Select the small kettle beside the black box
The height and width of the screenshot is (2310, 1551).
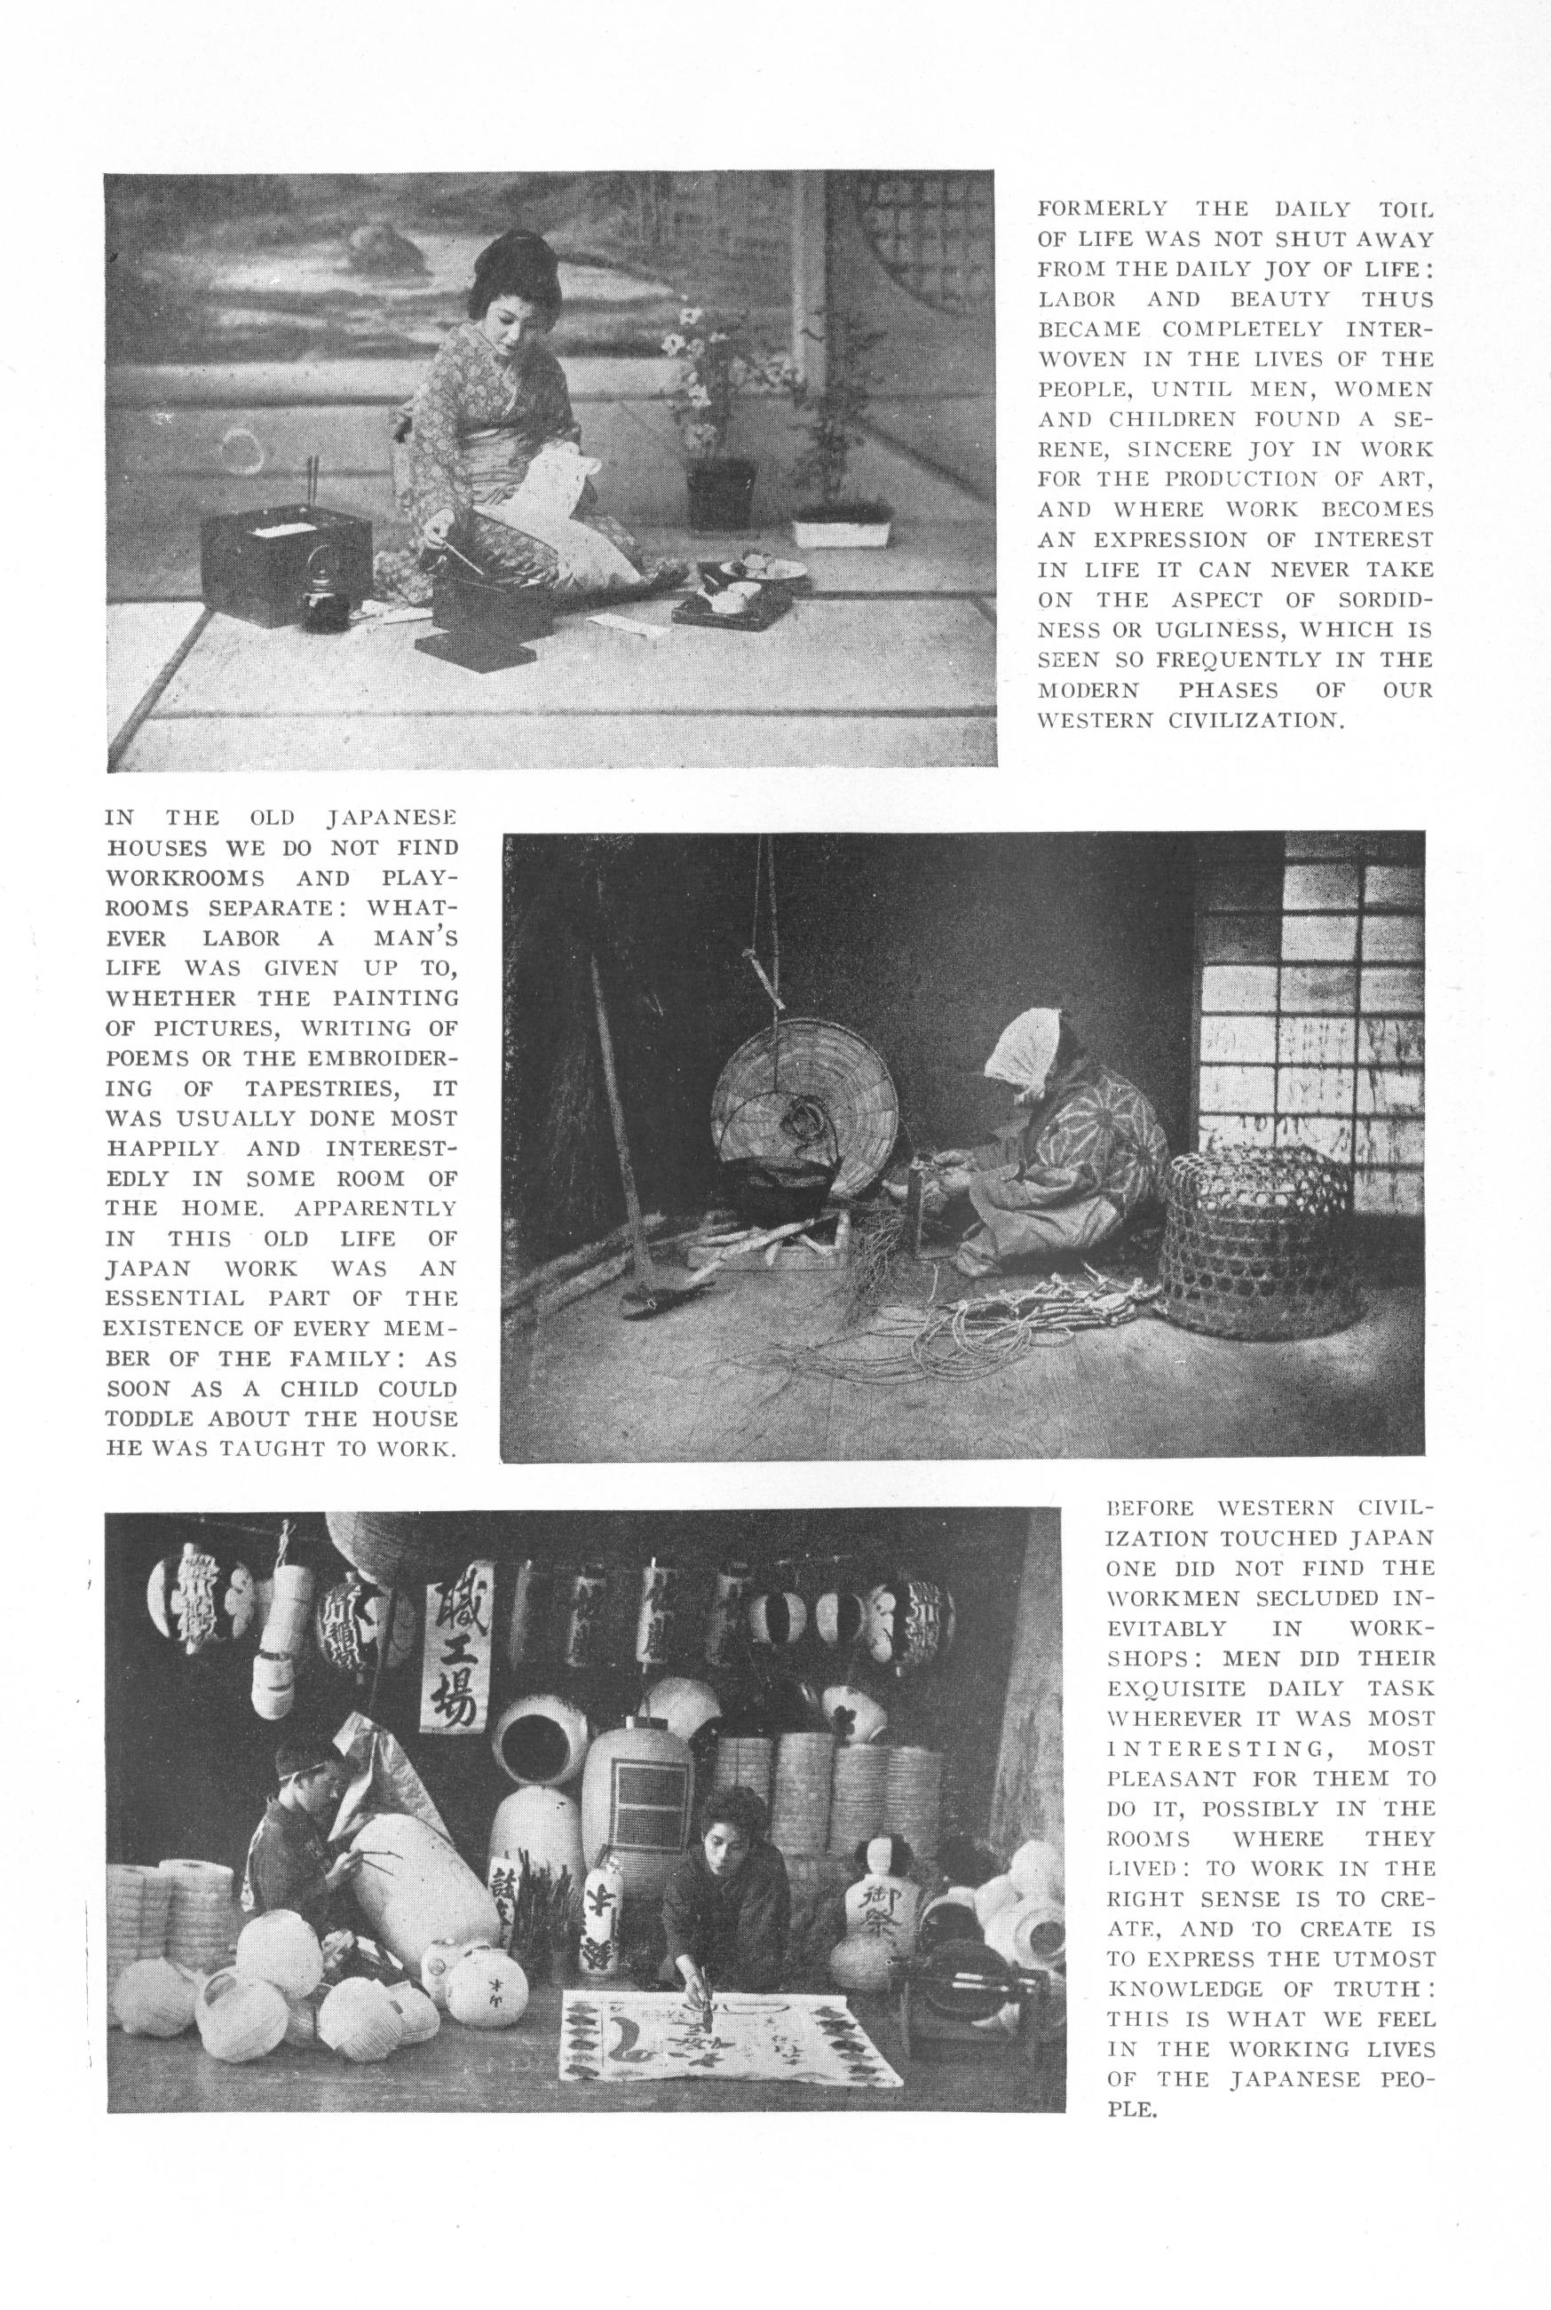321,597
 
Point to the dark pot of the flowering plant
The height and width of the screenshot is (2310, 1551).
722,495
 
